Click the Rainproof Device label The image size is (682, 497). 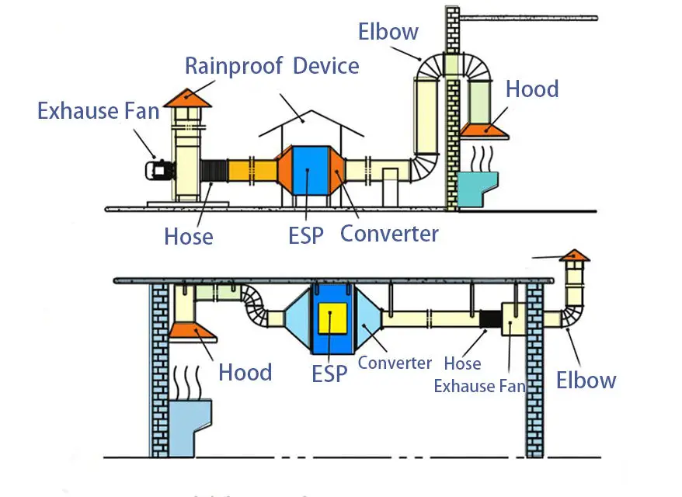(271, 65)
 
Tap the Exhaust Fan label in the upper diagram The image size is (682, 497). (98, 111)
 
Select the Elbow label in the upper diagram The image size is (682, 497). (388, 32)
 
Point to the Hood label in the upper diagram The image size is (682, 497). (532, 89)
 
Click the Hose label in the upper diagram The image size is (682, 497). (189, 236)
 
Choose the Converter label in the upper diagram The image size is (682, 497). (389, 233)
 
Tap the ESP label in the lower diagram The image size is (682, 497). (329, 374)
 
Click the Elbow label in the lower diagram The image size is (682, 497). (586, 380)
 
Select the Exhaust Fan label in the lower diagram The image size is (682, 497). (479, 385)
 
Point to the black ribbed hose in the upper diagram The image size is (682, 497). (213, 178)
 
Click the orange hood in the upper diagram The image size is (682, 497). (483, 130)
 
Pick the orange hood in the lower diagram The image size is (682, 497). (192, 331)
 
